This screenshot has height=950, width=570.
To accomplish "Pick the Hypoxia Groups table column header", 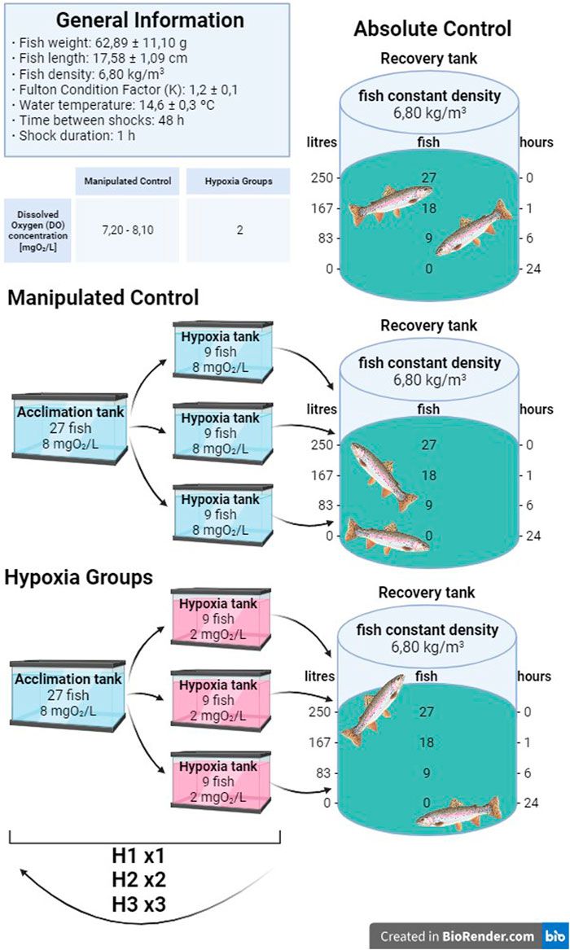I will tap(239, 181).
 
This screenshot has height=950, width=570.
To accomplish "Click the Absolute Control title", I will tap(432, 29).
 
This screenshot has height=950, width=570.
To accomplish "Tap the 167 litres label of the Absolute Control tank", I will tap(322, 208).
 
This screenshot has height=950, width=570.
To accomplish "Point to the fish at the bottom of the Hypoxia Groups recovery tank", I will tap(458, 814).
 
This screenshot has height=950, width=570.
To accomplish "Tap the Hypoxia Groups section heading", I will tap(79, 577).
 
